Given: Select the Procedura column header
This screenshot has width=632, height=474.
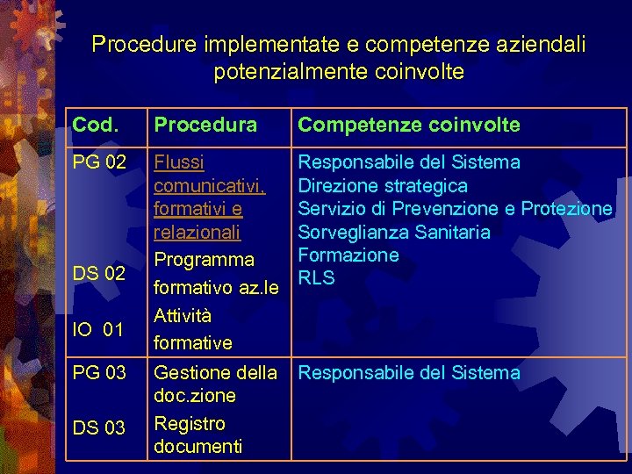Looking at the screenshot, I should click(x=205, y=126).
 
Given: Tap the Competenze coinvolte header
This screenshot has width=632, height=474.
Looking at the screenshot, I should click(x=408, y=126).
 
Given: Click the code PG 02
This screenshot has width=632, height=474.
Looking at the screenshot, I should click(x=100, y=162).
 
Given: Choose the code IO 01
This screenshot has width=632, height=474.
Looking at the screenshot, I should click(x=97, y=329).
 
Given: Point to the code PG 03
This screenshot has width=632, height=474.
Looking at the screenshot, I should click(x=100, y=372).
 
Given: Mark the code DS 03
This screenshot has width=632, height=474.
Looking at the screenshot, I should click(x=99, y=427).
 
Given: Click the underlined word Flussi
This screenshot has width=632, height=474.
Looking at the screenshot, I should click(x=179, y=162).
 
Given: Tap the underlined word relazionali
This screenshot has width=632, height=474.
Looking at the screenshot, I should click(x=197, y=233).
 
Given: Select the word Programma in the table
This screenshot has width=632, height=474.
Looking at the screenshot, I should click(x=204, y=260).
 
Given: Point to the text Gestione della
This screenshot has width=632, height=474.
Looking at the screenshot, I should click(x=215, y=372).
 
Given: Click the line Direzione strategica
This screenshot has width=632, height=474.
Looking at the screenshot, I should click(x=383, y=186).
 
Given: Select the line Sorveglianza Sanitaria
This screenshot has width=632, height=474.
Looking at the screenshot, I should click(x=394, y=233).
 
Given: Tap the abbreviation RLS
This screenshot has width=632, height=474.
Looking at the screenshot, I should click(x=316, y=279).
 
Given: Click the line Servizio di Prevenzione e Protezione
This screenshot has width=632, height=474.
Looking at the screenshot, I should click(x=455, y=209).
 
